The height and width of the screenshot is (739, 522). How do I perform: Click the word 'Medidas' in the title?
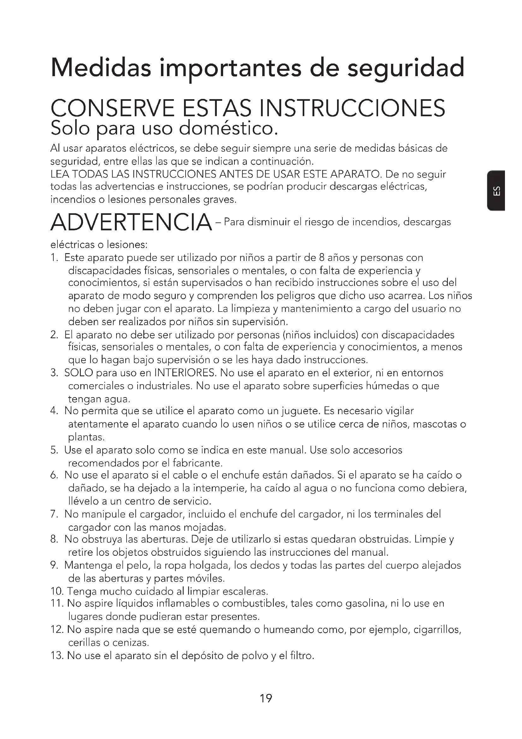click(101, 68)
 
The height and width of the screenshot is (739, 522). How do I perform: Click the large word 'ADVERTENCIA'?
click(131, 223)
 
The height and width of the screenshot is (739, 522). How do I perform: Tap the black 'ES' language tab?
click(496, 191)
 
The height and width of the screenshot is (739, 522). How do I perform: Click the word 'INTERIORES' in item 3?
click(185, 373)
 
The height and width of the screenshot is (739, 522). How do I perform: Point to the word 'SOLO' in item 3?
click(79, 373)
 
